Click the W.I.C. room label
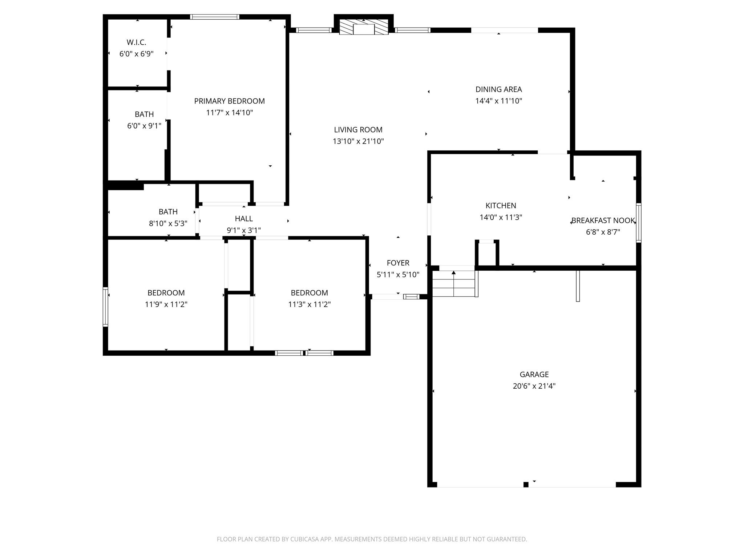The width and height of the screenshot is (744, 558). (x=136, y=43)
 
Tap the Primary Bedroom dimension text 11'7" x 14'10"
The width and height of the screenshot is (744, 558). (x=229, y=113)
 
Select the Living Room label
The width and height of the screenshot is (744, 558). (x=358, y=130)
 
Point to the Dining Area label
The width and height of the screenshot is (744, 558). (x=498, y=89)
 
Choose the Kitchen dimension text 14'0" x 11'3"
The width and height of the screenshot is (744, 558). (x=501, y=217)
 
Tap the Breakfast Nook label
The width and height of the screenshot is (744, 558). (x=603, y=221)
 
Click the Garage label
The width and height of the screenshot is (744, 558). (x=534, y=374)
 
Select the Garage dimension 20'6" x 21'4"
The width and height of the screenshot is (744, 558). (x=534, y=386)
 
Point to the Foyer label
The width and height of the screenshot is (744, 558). (x=398, y=263)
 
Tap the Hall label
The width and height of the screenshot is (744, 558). (x=244, y=219)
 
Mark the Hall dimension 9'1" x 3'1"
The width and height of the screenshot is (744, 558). (x=244, y=230)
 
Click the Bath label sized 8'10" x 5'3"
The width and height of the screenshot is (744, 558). (x=168, y=211)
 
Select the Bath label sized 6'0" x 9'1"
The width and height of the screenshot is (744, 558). (x=144, y=114)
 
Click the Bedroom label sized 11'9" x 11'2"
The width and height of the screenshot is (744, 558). (x=166, y=293)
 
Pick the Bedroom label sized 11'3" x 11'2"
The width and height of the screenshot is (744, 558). (x=310, y=293)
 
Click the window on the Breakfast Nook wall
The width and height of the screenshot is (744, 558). (x=638, y=223)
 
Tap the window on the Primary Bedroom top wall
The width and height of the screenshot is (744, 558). (x=215, y=17)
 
